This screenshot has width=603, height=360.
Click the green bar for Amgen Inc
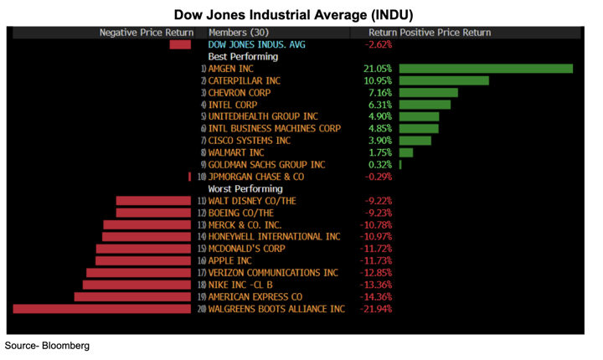486,69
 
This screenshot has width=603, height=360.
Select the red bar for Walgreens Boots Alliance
102,309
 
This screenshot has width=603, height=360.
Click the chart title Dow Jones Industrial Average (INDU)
293,15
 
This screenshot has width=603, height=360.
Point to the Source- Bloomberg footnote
47,345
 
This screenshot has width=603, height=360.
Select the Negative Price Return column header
146,33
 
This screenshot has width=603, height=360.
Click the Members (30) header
240,33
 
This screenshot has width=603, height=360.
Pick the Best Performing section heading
243,57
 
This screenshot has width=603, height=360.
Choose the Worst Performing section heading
245,189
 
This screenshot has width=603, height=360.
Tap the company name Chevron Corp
240,93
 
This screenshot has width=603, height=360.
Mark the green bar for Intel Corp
425,105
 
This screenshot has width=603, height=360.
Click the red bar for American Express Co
132,297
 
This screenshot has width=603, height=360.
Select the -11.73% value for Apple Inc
378,261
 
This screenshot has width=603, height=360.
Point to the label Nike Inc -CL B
240,285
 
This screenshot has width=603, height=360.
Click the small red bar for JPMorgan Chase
190,177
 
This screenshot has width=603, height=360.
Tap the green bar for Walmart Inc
406,153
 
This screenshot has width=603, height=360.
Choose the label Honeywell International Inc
274,237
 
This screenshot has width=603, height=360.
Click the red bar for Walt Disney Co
153,201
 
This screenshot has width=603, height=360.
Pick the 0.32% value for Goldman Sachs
379,165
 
